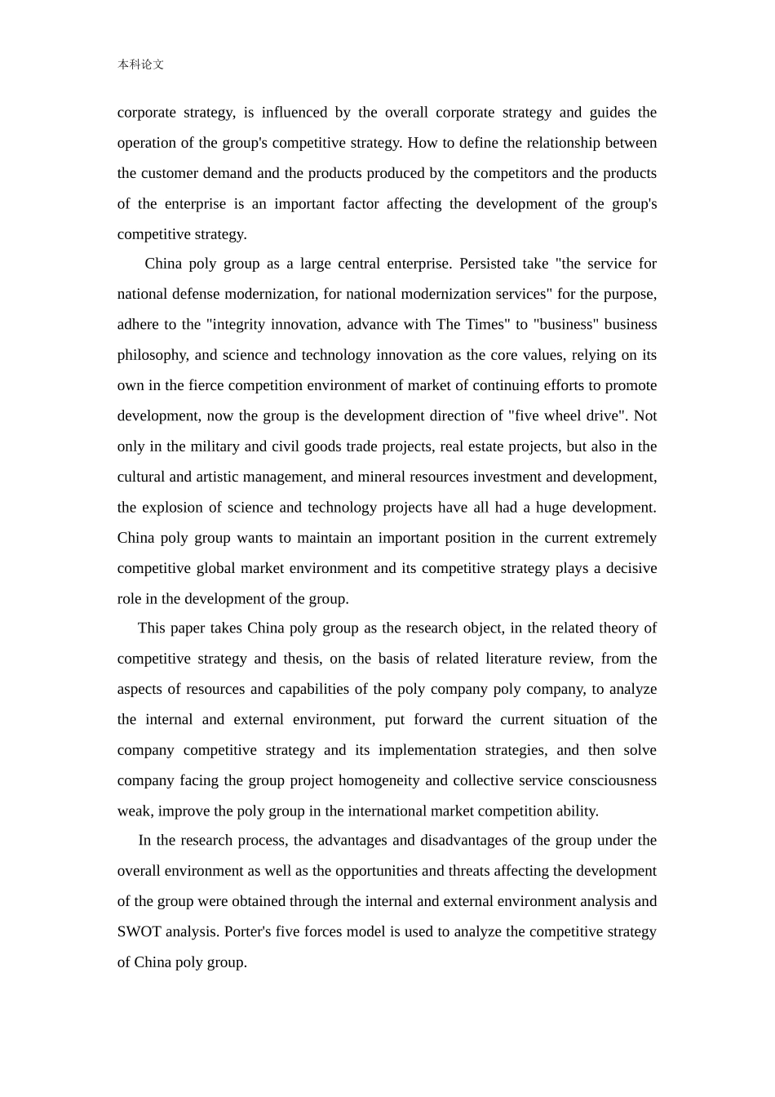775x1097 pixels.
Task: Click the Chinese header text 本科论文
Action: [140, 64]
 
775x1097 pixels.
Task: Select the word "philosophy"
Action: [152, 355]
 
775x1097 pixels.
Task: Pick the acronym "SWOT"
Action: [139, 932]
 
